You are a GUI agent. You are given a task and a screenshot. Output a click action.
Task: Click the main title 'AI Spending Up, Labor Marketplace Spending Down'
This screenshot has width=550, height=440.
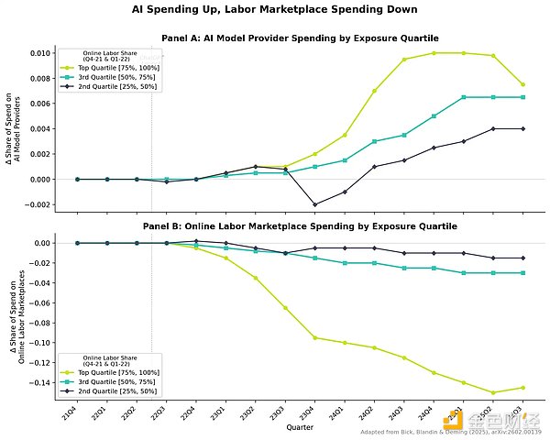275,10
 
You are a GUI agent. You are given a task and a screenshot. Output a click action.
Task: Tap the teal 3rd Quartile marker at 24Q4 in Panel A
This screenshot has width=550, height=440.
433,116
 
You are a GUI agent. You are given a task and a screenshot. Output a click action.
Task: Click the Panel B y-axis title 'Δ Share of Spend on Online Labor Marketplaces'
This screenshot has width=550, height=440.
20,312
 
